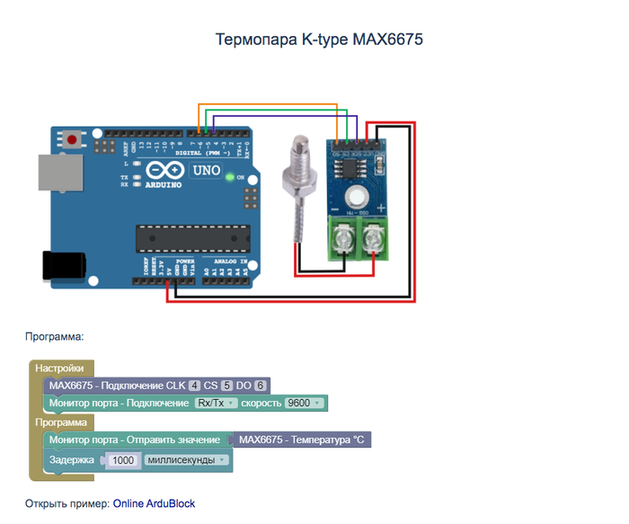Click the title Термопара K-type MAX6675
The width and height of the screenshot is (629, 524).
[x=318, y=40]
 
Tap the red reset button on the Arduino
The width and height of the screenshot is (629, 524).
[x=71, y=138]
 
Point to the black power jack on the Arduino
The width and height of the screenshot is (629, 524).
[x=63, y=266]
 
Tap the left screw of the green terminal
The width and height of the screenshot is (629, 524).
[x=341, y=238]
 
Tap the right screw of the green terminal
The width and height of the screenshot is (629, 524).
[x=373, y=238]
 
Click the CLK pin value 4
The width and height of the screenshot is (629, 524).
[x=194, y=386]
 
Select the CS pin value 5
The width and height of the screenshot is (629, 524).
[x=227, y=386]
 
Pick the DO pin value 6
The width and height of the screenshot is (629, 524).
[x=261, y=386]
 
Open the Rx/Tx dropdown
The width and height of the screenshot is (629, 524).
[x=216, y=403]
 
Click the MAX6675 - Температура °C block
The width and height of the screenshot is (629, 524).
[x=301, y=440]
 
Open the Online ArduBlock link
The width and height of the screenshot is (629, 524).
[x=154, y=503]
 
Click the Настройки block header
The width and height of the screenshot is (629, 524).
[x=59, y=369]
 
